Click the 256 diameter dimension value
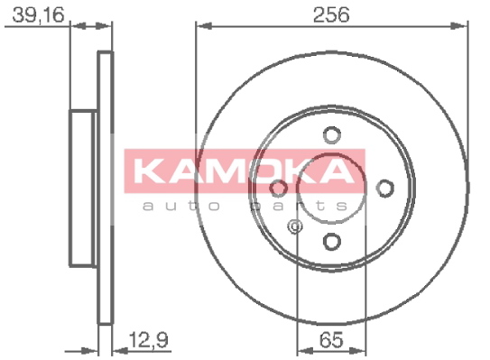coord(331,14)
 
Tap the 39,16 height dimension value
coord(38,14)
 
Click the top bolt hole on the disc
coord(331,135)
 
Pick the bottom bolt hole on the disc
coord(331,242)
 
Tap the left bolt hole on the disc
coord(279,189)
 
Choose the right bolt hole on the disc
coord(384,189)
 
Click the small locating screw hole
coord(294,226)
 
